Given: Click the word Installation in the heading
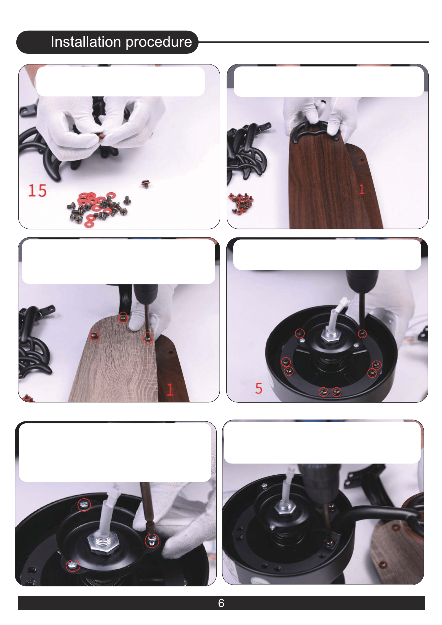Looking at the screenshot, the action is tap(86, 42).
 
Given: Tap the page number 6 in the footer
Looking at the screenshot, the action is tap(221, 603).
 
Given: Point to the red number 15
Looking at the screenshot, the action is tap(37, 191).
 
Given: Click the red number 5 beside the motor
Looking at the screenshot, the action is tap(259, 388).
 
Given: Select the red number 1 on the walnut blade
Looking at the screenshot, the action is tap(362, 189).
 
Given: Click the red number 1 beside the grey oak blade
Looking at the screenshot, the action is tap(170, 390).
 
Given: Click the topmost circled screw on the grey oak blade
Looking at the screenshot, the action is tap(123, 318).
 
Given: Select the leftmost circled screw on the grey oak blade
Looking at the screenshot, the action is tap(95, 336).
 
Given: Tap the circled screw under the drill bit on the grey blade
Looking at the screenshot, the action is tap(148, 338).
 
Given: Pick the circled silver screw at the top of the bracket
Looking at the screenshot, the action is tap(84, 504).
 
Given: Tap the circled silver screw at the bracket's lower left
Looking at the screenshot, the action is tap(73, 565).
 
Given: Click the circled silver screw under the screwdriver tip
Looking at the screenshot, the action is tap(152, 541).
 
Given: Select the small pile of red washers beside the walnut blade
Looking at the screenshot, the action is tap(240, 203).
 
